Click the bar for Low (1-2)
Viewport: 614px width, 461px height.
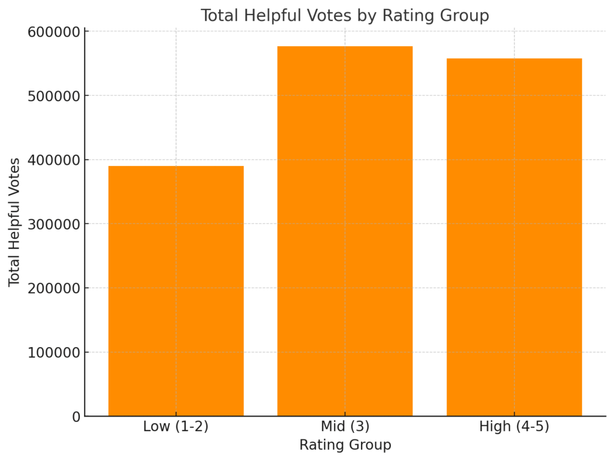coord(176,291)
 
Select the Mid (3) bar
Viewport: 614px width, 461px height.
coord(345,231)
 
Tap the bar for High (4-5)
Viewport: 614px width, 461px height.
coord(514,237)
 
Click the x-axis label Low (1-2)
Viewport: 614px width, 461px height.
coord(176,427)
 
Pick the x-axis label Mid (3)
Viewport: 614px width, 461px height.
coord(345,427)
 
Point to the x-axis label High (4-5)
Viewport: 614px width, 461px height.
coord(514,427)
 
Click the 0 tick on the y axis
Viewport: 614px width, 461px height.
coord(76,417)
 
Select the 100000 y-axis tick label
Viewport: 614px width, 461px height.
coord(54,352)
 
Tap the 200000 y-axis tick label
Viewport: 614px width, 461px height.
coord(54,288)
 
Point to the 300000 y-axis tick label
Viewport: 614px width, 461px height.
coord(54,224)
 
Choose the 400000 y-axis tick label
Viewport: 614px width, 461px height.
coord(54,160)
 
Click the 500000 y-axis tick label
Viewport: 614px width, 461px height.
coord(54,96)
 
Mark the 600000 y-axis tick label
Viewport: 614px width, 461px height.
coord(54,32)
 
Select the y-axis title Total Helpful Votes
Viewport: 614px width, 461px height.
coord(14,222)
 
